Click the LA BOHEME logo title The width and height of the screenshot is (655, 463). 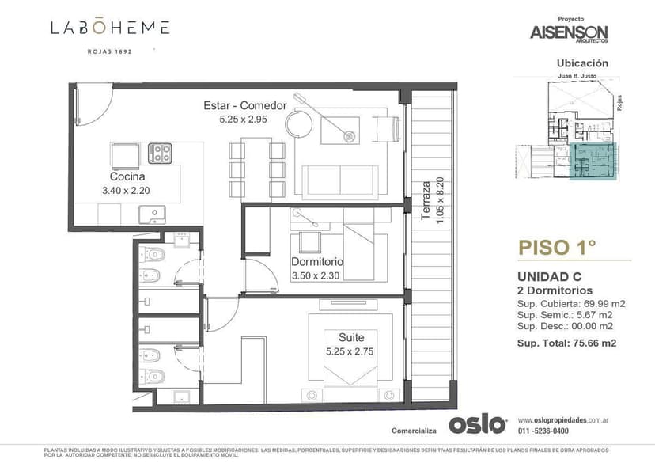(x=110, y=28)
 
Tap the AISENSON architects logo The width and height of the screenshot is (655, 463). (x=570, y=32)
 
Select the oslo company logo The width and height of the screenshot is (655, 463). (x=477, y=424)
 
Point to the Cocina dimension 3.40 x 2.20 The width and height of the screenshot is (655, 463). (x=127, y=191)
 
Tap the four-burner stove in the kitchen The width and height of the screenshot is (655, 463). (x=161, y=152)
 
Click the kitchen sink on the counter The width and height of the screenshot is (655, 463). (x=152, y=214)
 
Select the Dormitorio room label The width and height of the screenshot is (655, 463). (x=316, y=262)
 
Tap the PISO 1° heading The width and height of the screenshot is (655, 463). (x=556, y=247)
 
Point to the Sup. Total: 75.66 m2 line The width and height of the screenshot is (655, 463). (x=566, y=343)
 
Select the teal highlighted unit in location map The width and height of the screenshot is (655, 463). (x=592, y=161)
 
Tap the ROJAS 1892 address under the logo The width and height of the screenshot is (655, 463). (x=110, y=51)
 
